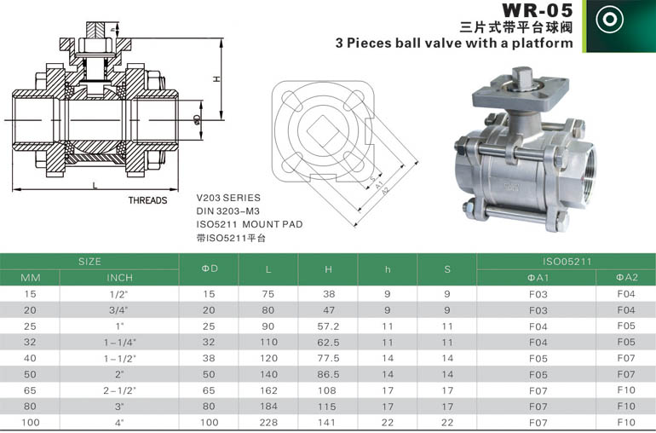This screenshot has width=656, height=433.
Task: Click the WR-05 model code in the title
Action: click(537, 10)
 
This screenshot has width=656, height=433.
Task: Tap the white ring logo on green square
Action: click(609, 20)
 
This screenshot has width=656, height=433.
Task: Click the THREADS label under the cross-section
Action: click(147, 200)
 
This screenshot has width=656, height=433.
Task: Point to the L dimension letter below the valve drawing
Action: click(95, 185)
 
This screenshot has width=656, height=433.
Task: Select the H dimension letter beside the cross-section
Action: click(216, 78)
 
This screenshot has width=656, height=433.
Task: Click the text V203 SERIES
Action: click(228, 198)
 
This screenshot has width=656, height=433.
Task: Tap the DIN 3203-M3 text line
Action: click(228, 211)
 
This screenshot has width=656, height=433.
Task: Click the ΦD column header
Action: click(210, 268)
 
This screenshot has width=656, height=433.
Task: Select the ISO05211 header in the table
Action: click(567, 262)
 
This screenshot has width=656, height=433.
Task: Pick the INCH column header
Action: click(119, 278)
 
